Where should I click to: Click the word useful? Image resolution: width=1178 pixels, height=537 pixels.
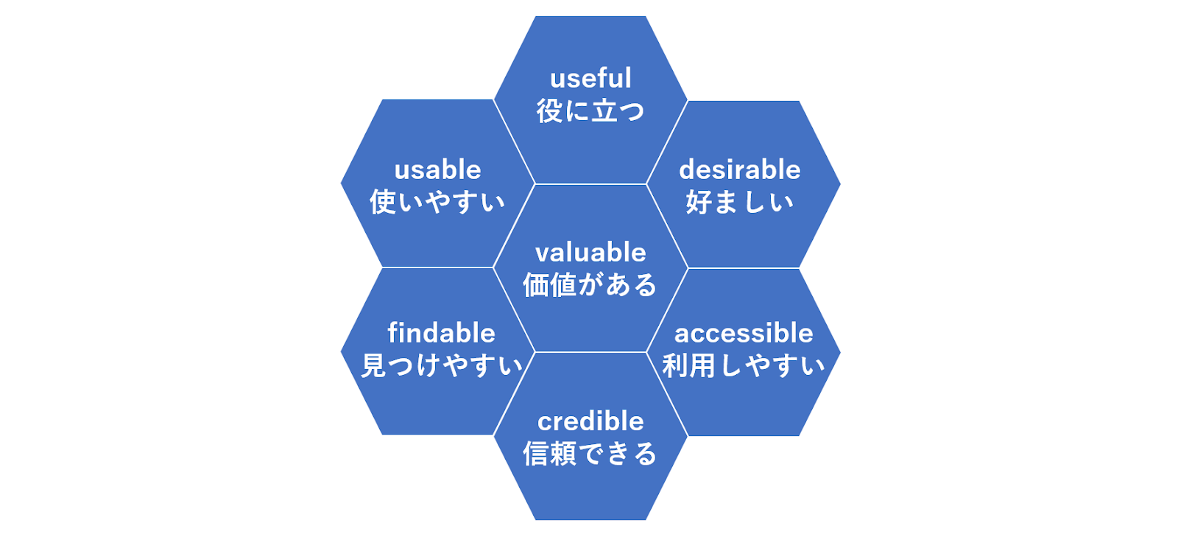click(x=590, y=79)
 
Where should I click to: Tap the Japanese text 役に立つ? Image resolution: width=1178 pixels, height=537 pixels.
click(x=590, y=111)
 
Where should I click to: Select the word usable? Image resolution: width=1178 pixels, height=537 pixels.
click(x=437, y=170)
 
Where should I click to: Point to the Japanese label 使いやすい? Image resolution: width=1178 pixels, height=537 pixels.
click(x=437, y=203)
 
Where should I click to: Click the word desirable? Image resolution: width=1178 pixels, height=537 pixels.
click(x=740, y=170)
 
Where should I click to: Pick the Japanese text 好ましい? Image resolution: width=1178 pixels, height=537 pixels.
click(x=740, y=203)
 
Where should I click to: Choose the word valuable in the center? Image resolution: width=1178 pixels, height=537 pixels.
click(x=590, y=253)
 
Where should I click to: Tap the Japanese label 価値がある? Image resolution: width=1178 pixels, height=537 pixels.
click(x=590, y=285)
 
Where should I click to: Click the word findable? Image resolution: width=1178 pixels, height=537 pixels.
click(x=441, y=333)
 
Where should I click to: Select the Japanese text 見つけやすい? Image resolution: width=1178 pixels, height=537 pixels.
click(x=442, y=365)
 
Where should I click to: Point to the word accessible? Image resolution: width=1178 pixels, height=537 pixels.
click(x=744, y=333)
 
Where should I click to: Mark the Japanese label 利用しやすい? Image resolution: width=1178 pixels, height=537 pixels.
click(x=744, y=366)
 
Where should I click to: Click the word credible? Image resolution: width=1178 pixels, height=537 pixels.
click(x=590, y=421)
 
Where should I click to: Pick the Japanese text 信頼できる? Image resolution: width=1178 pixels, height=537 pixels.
click(x=590, y=453)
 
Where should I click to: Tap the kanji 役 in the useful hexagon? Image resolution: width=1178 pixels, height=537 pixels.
click(x=549, y=111)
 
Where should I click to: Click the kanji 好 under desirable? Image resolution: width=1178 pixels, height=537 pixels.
click(x=699, y=203)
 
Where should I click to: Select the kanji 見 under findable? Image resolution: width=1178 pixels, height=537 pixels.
click(x=374, y=365)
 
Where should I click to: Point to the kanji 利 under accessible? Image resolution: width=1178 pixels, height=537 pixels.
click(x=675, y=366)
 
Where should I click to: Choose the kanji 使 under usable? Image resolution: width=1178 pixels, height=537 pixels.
click(x=383, y=203)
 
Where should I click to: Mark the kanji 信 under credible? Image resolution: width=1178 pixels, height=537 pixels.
click(x=536, y=453)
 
